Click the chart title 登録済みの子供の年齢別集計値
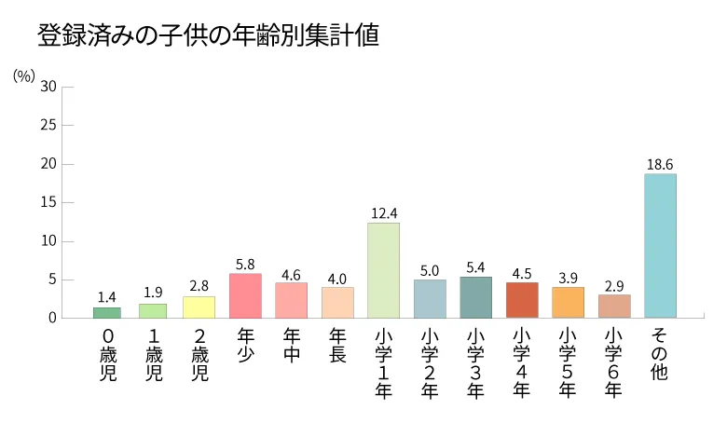point(208,36)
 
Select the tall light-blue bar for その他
point(660,246)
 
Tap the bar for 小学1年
point(383,270)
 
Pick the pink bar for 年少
point(245,295)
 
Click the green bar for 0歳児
point(107,312)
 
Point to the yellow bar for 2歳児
point(199,307)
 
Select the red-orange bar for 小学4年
point(522,300)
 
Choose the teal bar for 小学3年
point(475,297)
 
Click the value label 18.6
point(660,164)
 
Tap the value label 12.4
point(383,212)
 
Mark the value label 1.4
point(107,297)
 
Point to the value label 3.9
point(568,278)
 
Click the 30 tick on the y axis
point(49,86)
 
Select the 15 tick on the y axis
point(49,202)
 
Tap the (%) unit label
point(24,75)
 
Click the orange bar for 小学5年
point(568,302)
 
